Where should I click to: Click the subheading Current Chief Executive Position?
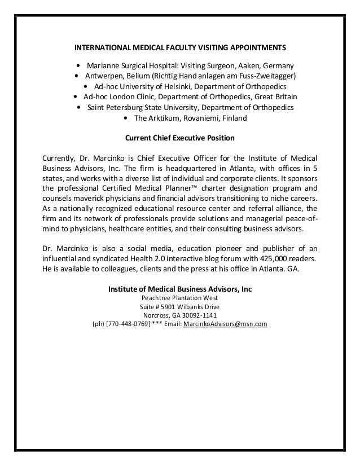(179, 138)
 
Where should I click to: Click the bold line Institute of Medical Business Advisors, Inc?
(179, 288)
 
